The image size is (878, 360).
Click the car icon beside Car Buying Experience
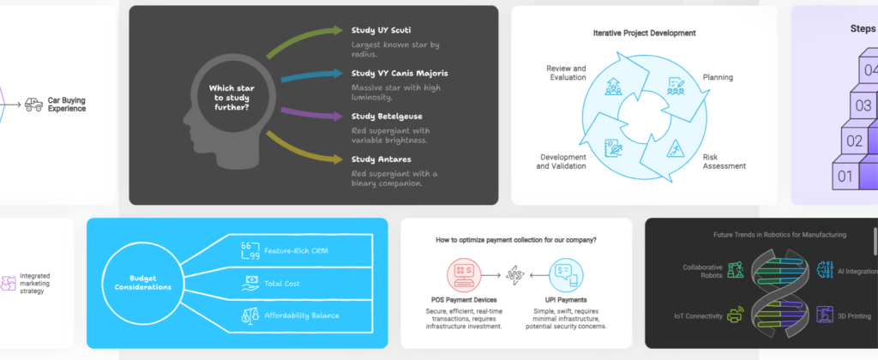(x=34, y=104)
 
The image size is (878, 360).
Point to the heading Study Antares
(x=380, y=159)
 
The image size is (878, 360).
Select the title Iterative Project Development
(x=644, y=33)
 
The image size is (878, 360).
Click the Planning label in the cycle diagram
(x=718, y=77)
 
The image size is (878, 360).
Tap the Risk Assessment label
(x=724, y=161)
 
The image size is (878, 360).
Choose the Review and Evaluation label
(x=566, y=72)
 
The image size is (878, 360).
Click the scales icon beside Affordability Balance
(x=250, y=315)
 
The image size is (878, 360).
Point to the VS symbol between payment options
(x=514, y=276)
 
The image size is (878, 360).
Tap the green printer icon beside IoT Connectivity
(x=735, y=316)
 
